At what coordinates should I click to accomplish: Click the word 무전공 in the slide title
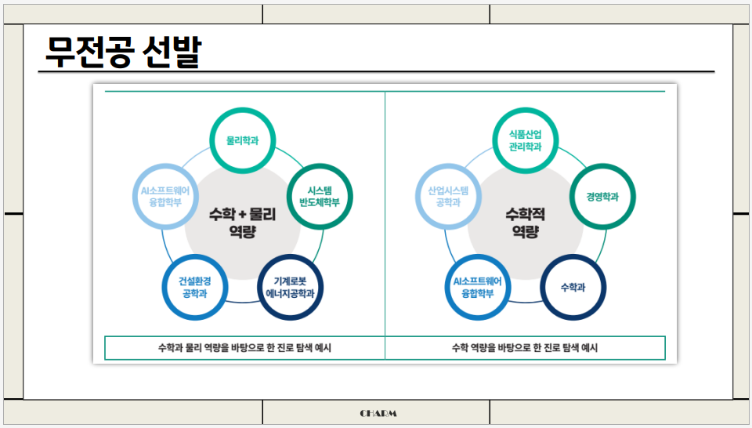[88, 51]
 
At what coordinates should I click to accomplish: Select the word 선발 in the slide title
[172, 51]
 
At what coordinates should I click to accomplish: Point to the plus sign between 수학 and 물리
[243, 215]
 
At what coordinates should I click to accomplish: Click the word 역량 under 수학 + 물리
[243, 232]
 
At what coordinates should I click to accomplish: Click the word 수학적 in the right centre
[525, 214]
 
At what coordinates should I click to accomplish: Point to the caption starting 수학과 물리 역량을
[244, 348]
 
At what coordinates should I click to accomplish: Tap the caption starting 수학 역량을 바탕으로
[525, 348]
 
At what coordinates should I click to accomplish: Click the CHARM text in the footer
[378, 413]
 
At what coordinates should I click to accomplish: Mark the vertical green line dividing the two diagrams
[385, 225]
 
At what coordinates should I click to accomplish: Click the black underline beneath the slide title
[377, 72]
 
